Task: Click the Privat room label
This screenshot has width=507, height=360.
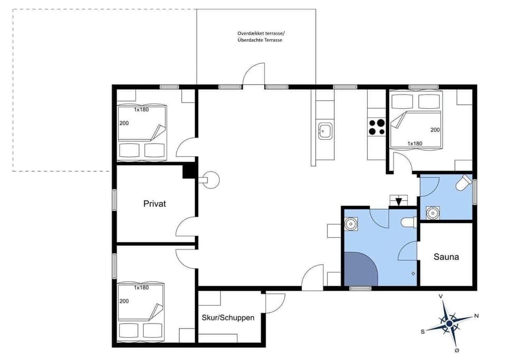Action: pyautogui.click(x=154, y=203)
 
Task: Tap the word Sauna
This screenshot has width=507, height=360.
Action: pyautogui.click(x=446, y=257)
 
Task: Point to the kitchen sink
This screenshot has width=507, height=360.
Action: pyautogui.click(x=324, y=130)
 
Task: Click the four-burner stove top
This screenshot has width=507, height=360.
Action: pyautogui.click(x=377, y=127)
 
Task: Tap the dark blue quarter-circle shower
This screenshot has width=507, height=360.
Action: pyautogui.click(x=359, y=270)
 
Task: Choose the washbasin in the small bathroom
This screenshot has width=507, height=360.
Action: pyautogui.click(x=433, y=213)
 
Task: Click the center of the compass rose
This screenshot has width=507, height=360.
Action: pyautogui.click(x=449, y=323)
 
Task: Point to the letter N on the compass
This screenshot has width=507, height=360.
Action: pyautogui.click(x=476, y=316)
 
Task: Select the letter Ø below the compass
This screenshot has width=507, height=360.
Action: pyautogui.click(x=457, y=350)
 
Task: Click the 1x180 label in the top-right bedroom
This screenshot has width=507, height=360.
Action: pyautogui.click(x=415, y=143)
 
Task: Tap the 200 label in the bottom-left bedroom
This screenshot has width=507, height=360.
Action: pyautogui.click(x=124, y=301)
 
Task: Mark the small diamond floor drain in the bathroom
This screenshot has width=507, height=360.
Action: pyautogui.click(x=413, y=273)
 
